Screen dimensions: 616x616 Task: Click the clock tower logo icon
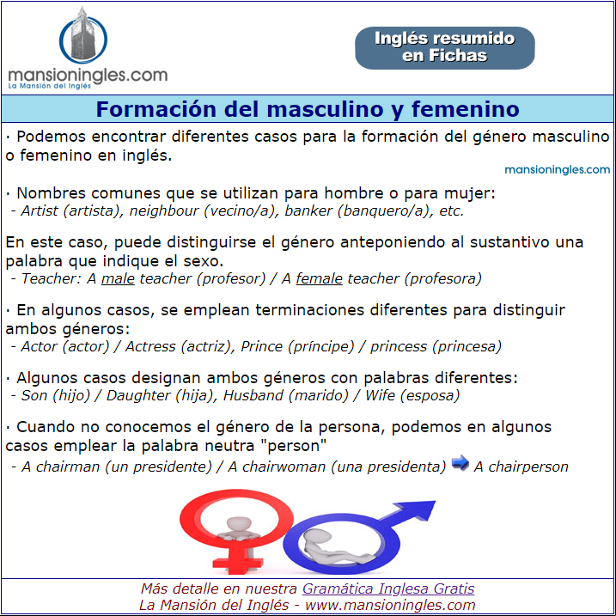click(x=82, y=36)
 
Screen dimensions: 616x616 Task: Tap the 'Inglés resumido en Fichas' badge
click(x=445, y=48)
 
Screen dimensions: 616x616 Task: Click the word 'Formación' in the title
click(x=157, y=109)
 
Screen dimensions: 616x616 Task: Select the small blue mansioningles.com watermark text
click(x=557, y=170)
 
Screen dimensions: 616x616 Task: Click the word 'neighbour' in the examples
click(x=164, y=211)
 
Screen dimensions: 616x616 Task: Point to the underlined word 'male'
click(x=118, y=278)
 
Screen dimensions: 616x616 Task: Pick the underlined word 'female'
click(x=319, y=278)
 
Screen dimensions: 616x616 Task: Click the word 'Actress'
click(x=150, y=346)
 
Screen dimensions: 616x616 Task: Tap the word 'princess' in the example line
click(x=399, y=346)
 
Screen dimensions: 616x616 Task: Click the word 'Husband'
click(x=253, y=395)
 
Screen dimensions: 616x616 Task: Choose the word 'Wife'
click(x=380, y=395)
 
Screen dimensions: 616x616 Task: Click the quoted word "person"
click(x=296, y=446)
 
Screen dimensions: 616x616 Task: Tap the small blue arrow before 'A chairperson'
click(x=460, y=463)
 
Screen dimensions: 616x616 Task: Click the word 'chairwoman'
click(x=284, y=467)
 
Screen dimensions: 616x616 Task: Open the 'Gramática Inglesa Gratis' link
click(x=388, y=589)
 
